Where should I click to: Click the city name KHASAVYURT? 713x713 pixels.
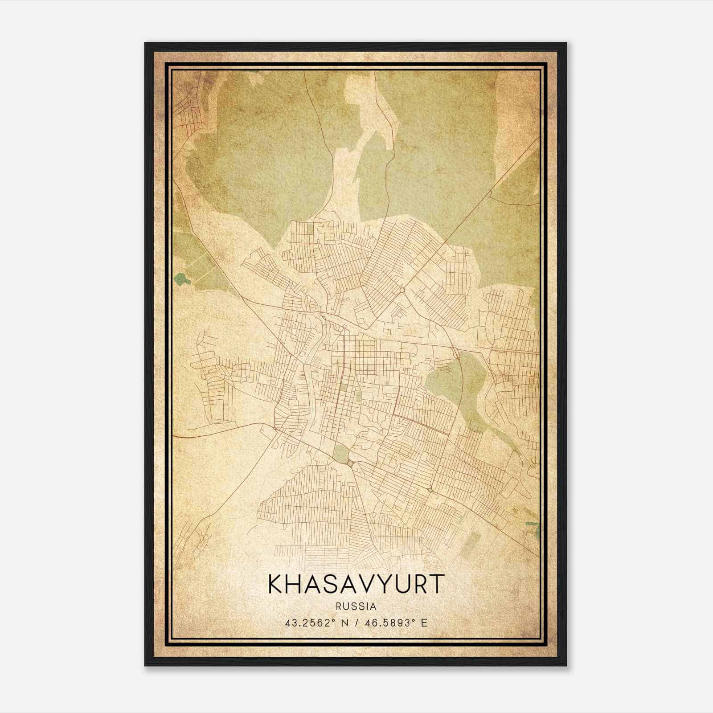356,584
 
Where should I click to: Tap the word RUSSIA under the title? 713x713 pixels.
356,606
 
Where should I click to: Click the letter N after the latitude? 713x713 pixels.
343,623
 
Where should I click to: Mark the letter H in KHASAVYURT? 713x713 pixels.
295,584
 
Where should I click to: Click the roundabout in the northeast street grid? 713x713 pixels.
402,290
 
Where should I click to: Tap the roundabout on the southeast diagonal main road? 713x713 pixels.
430,490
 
